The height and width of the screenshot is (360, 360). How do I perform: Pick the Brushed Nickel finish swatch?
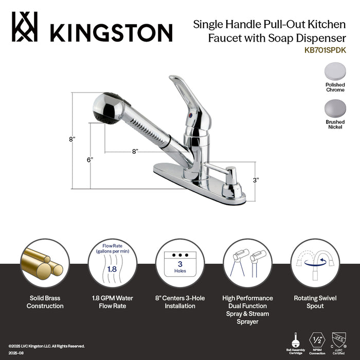click(335, 109)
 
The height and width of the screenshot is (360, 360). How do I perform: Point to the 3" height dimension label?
click(256, 180)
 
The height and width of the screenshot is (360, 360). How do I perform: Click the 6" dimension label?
click(89, 160)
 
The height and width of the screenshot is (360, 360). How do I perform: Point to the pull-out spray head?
click(105, 108)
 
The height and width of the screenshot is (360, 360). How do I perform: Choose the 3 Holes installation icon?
click(180, 262)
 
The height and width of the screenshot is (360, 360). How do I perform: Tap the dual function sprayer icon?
click(247, 262)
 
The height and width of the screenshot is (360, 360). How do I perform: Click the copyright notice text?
click(46, 346)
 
